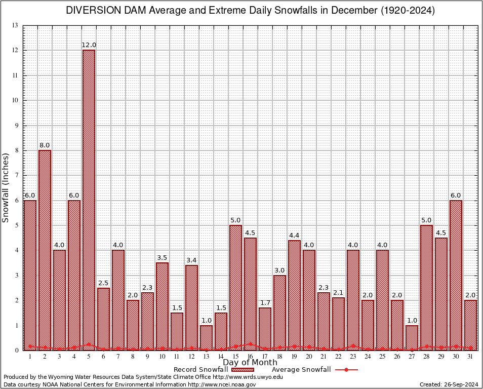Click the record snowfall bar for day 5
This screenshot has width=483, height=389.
pyautogui.click(x=89, y=200)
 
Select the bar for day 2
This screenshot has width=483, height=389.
pyautogui.click(x=45, y=250)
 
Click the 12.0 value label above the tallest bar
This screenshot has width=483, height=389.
pyautogui.click(x=89, y=46)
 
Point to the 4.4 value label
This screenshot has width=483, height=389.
pyautogui.click(x=295, y=236)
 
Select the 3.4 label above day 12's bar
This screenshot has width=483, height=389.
pyautogui.click(x=191, y=260)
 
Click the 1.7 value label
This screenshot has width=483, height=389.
pyautogui.click(x=265, y=303)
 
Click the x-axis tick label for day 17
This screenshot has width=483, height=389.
pyautogui.click(x=265, y=357)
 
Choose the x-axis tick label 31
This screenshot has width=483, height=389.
pyautogui.click(x=470, y=357)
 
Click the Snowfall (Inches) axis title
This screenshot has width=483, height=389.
pyautogui.click(x=6, y=188)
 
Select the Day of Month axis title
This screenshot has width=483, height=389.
pyautogui.click(x=250, y=363)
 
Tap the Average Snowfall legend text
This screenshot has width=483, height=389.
pyautogui.click(x=301, y=370)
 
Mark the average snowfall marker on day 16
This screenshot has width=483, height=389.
pyautogui.click(x=251, y=344)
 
